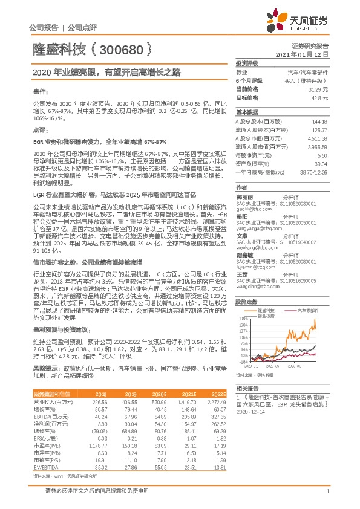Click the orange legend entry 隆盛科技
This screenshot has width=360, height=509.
click(x=266, y=326)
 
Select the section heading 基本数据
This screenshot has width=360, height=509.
click(x=246, y=112)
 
